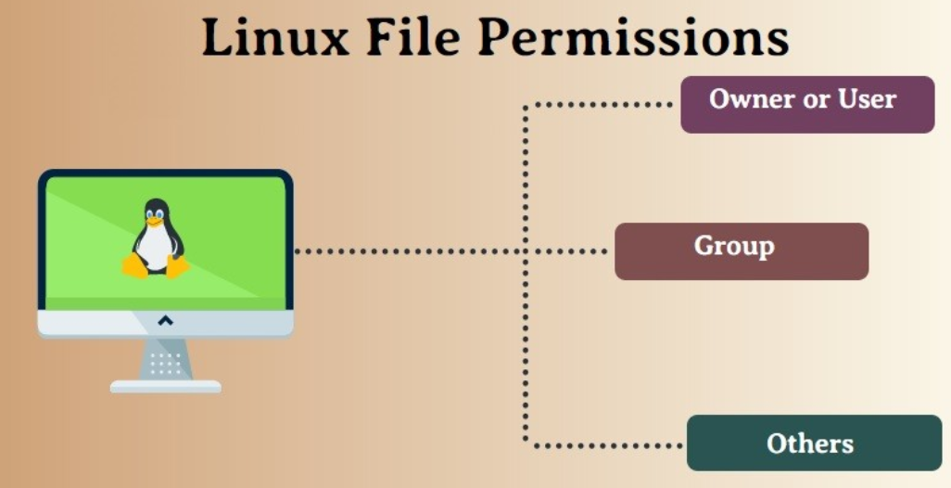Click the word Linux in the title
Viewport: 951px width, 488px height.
[275, 38]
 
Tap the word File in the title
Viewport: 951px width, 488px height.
[413, 38]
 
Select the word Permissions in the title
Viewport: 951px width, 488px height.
[633, 38]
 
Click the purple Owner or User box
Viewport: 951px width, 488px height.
[807, 105]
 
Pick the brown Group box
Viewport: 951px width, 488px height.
[742, 251]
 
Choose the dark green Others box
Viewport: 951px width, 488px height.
[814, 443]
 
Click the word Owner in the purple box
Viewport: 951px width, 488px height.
[753, 99]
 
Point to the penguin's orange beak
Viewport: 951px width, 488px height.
[156, 222]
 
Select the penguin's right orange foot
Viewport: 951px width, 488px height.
[177, 266]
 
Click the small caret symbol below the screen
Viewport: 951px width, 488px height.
[165, 320]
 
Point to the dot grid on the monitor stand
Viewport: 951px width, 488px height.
[165, 363]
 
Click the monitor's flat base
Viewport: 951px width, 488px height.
[166, 387]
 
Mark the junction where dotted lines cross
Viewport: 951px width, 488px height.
[526, 251]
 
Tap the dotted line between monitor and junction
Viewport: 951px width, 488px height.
[410, 251]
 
